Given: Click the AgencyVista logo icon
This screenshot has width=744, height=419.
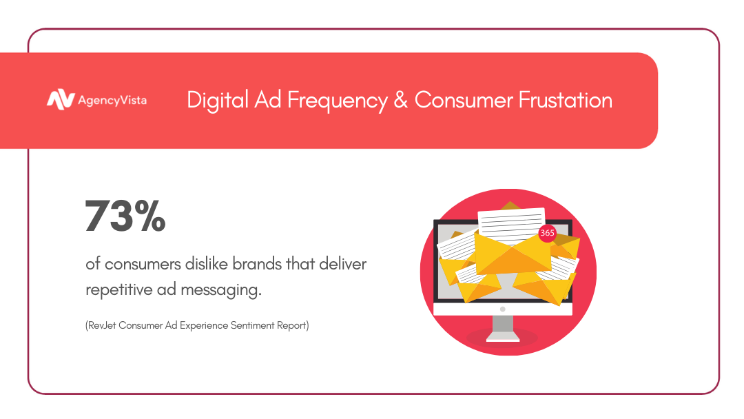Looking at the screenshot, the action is click(61, 100).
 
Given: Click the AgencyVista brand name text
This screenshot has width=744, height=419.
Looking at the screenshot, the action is click(112, 101).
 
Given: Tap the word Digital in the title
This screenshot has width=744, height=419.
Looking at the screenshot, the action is click(218, 101).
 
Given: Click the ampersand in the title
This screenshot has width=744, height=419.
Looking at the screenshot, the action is click(401, 100).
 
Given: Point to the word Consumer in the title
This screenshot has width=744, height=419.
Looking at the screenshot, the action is click(464, 100).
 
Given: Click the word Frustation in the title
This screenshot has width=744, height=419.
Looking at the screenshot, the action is click(565, 100).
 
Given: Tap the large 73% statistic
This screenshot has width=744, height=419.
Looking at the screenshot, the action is click(125, 216).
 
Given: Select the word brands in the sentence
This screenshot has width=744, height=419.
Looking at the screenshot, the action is click(257, 263).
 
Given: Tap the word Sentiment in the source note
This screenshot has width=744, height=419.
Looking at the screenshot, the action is click(252, 325).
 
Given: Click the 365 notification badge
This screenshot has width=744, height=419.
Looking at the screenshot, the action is click(547, 233).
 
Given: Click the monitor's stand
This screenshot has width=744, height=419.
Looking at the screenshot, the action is click(502, 328).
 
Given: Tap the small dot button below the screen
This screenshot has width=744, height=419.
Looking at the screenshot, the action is click(502, 309).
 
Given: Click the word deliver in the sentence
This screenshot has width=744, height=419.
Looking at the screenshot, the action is click(342, 263).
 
